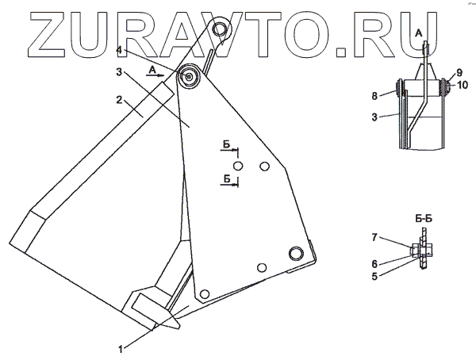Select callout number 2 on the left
pos(117,101)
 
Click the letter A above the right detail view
pos(419,32)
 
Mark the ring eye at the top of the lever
pos(223,34)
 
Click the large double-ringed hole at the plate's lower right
pos(296,253)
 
